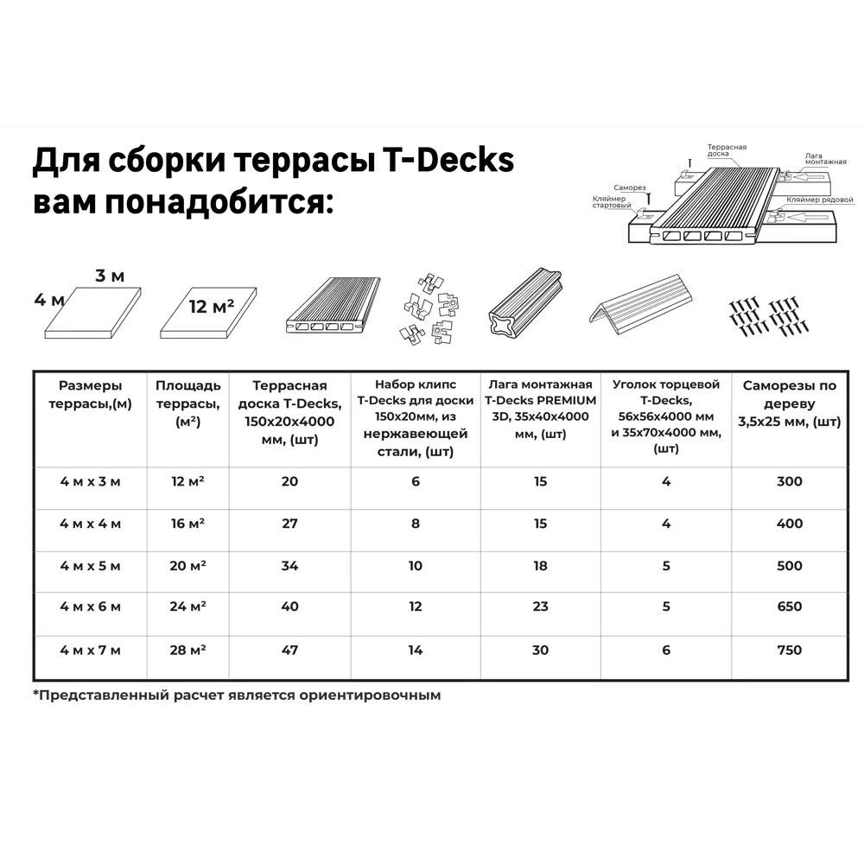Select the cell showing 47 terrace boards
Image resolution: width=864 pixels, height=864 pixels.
[289, 650]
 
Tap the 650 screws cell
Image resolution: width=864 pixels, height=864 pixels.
[789, 607]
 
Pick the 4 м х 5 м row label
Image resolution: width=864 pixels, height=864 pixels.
[91, 566]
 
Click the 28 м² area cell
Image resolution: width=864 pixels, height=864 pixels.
[187, 650]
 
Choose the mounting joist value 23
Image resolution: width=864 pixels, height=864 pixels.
[540, 607]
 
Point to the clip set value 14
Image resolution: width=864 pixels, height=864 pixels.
[416, 650]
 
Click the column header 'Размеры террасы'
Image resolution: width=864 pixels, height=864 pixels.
[91, 394]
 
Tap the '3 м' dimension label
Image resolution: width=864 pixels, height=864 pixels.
[110, 276]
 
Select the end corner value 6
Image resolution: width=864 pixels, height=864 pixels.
[665, 650]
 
